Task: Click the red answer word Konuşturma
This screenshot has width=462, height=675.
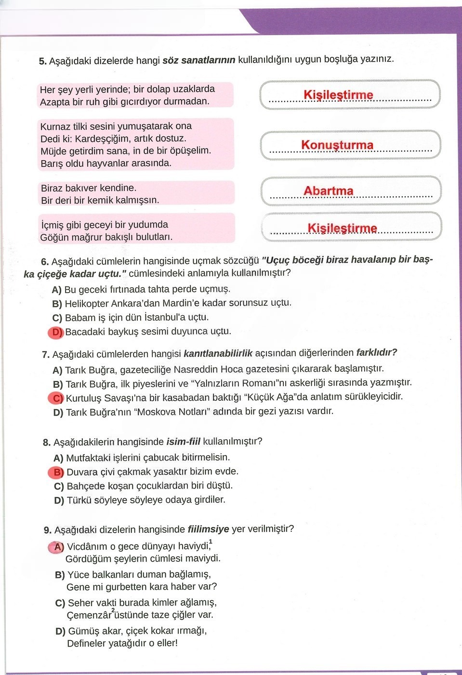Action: [337, 145]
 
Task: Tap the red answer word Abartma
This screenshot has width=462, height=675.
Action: [328, 191]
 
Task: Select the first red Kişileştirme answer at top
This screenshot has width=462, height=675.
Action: [338, 95]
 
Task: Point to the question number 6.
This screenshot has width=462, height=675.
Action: [45, 262]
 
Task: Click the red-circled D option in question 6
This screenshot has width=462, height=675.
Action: [56, 332]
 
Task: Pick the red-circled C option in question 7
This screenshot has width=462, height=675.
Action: [57, 398]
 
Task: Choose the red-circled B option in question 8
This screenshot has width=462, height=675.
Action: [57, 472]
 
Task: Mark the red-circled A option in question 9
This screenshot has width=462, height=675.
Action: [58, 547]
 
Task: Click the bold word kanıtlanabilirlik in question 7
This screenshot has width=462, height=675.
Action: [218, 353]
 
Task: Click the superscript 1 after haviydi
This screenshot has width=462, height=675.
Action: [211, 542]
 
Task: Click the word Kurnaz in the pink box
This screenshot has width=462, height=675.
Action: [56, 126]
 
